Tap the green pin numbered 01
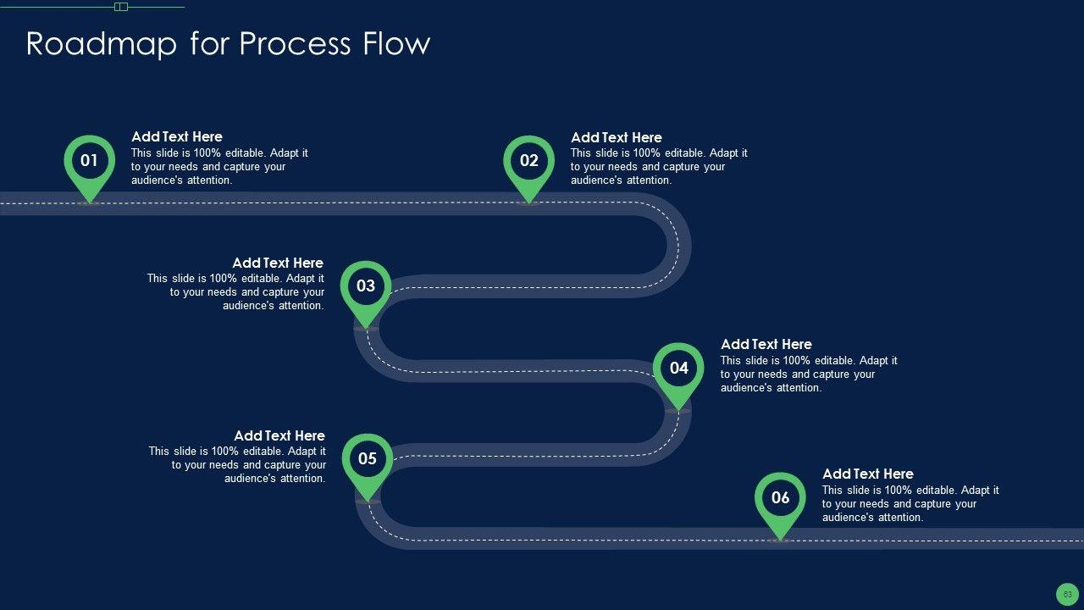click(x=89, y=161)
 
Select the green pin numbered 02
click(x=529, y=161)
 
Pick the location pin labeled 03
click(x=366, y=286)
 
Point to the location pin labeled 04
click(x=678, y=369)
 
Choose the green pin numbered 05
click(x=368, y=459)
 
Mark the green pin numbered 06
click(x=780, y=498)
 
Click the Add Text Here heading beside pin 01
click(x=177, y=136)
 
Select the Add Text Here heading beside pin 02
click(x=617, y=137)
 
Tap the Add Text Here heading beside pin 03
click(x=278, y=263)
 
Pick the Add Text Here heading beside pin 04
click(x=766, y=344)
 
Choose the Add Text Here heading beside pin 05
click(x=279, y=436)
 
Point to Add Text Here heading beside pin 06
click(x=868, y=474)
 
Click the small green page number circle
click(x=1068, y=594)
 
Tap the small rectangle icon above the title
click(x=121, y=7)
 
